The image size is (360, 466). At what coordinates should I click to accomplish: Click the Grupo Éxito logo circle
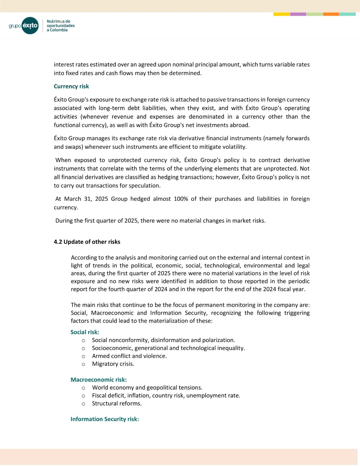(30, 25)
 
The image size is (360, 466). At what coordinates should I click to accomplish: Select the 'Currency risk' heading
(71, 86)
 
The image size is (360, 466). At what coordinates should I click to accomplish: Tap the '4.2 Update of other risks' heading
(87, 242)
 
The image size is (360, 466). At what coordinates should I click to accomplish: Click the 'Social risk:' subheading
(84, 332)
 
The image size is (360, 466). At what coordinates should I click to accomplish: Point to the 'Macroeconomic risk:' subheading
(98, 380)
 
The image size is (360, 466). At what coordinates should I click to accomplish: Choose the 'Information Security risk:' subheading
(104, 419)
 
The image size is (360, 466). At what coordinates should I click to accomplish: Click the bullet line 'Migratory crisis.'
(113, 364)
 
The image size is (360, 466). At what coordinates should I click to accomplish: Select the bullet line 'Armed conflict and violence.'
(129, 356)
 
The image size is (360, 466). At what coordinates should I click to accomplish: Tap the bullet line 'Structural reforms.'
(116, 403)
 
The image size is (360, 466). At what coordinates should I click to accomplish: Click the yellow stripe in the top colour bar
(281, 14)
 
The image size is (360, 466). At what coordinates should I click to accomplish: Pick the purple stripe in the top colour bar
(298, 14)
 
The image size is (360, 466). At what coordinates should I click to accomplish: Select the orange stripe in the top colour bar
(331, 14)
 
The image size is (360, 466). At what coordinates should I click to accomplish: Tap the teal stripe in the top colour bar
(348, 14)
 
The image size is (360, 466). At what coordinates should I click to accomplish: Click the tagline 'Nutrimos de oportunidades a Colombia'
(61, 26)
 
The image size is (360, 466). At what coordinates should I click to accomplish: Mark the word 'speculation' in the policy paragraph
(145, 186)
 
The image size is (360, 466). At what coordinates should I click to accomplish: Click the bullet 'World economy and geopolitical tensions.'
(147, 387)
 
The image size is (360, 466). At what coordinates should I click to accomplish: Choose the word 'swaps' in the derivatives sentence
(73, 147)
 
